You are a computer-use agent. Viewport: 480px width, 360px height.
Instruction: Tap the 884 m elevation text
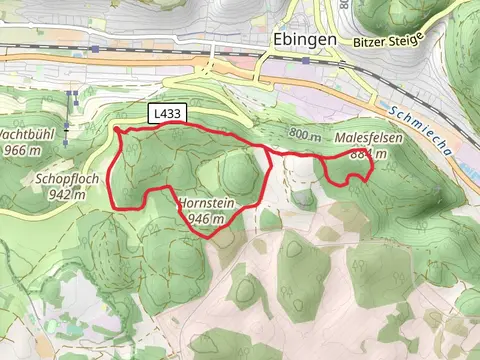(369, 154)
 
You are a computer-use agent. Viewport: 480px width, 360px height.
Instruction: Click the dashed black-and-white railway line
(130, 48)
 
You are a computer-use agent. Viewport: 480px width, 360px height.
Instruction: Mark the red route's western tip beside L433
(118, 129)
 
